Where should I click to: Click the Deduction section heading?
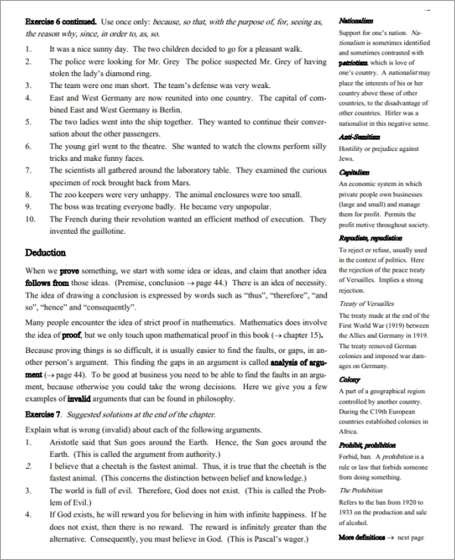coord(45,252)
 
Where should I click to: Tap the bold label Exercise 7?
coord(44,414)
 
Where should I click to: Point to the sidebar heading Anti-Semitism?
coord(359,137)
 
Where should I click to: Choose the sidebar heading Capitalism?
coord(355,173)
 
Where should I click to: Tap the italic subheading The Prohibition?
coord(361,490)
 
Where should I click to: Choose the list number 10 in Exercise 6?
coord(30,219)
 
